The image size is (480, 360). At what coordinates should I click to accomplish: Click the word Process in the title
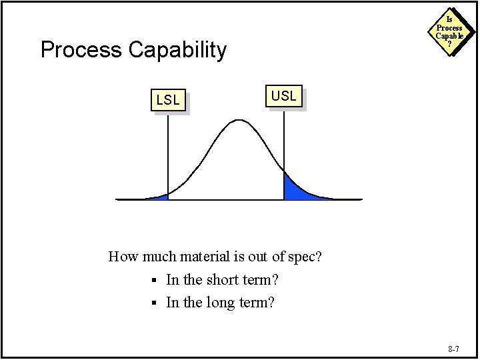pyautogui.click(x=81, y=50)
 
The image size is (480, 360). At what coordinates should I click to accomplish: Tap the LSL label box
pyautogui.click(x=168, y=101)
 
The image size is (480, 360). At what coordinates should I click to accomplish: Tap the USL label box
pyautogui.click(x=284, y=96)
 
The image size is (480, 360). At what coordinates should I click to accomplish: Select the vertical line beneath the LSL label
pyautogui.click(x=168, y=153)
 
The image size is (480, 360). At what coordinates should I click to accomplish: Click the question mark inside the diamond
pyautogui.click(x=449, y=44)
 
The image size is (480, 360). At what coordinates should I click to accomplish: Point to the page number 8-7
pyautogui.click(x=454, y=349)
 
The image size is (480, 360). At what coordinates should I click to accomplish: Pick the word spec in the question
pyautogui.click(x=303, y=257)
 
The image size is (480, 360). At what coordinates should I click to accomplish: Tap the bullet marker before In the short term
pyautogui.click(x=153, y=280)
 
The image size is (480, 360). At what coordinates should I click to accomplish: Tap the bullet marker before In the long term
pyautogui.click(x=153, y=303)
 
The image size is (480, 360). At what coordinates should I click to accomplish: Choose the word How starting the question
pyautogui.click(x=123, y=256)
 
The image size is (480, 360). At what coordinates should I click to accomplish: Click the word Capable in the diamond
pyautogui.click(x=449, y=36)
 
